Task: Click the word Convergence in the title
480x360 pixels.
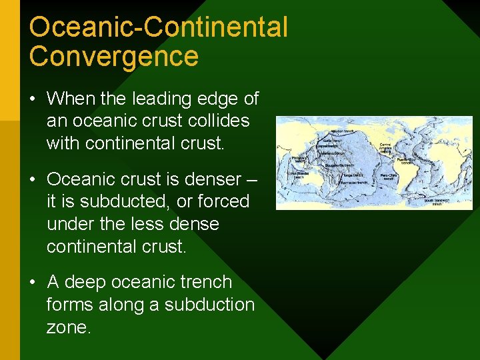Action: [x=114, y=56]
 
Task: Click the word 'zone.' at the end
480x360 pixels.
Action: [x=69, y=327]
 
